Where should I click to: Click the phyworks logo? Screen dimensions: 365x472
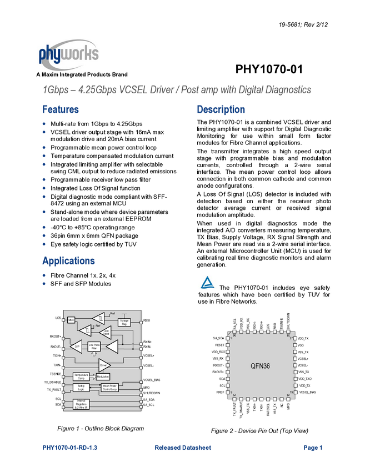coord(69,54)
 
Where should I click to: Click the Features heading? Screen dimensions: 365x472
coord(61,109)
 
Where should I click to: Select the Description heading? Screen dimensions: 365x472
coord(221,109)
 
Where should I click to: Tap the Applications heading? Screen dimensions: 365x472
coord(69,260)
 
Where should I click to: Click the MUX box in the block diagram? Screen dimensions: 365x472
coord(71,320)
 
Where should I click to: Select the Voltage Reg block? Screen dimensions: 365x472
coord(124,322)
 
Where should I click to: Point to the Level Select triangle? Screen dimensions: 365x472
coord(106,332)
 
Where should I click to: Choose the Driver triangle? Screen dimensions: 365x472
coord(104,365)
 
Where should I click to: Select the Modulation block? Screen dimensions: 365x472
coord(103,376)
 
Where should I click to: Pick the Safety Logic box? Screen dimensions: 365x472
coord(81,387)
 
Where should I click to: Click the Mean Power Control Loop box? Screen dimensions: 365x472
coord(110,387)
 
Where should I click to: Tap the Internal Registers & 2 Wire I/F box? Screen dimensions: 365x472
coord(81,404)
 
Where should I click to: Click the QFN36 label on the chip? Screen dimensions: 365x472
coord(260,366)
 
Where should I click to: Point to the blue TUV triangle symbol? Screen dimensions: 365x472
coord(208,282)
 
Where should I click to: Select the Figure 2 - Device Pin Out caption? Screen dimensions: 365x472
coord(259,431)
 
